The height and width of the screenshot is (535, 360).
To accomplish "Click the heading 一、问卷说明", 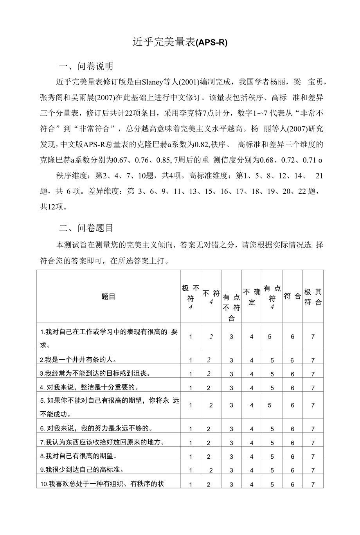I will [x=86, y=66].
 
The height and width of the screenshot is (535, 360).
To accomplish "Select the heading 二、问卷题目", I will [x=86, y=228].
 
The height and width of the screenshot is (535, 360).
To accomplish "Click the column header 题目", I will [x=108, y=296].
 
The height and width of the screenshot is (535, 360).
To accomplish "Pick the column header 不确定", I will [x=252, y=297].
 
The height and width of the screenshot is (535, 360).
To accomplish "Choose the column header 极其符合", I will [x=313, y=297].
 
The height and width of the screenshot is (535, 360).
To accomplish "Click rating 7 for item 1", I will [x=313, y=337].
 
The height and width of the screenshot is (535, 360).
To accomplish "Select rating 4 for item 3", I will [x=252, y=374].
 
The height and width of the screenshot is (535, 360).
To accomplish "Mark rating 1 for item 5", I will [x=191, y=405].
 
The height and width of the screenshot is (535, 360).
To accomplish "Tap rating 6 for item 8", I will [x=292, y=456].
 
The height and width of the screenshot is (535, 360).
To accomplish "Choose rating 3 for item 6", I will [x=231, y=429].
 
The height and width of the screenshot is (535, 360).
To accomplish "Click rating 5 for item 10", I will [x=272, y=485].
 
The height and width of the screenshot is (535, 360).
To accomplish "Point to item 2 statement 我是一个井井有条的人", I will [x=78, y=359].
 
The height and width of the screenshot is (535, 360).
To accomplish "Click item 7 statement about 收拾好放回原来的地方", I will [x=102, y=442].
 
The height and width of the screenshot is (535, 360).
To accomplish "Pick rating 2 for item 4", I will [x=209, y=388].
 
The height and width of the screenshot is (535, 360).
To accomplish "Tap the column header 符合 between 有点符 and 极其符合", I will [x=292, y=296].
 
